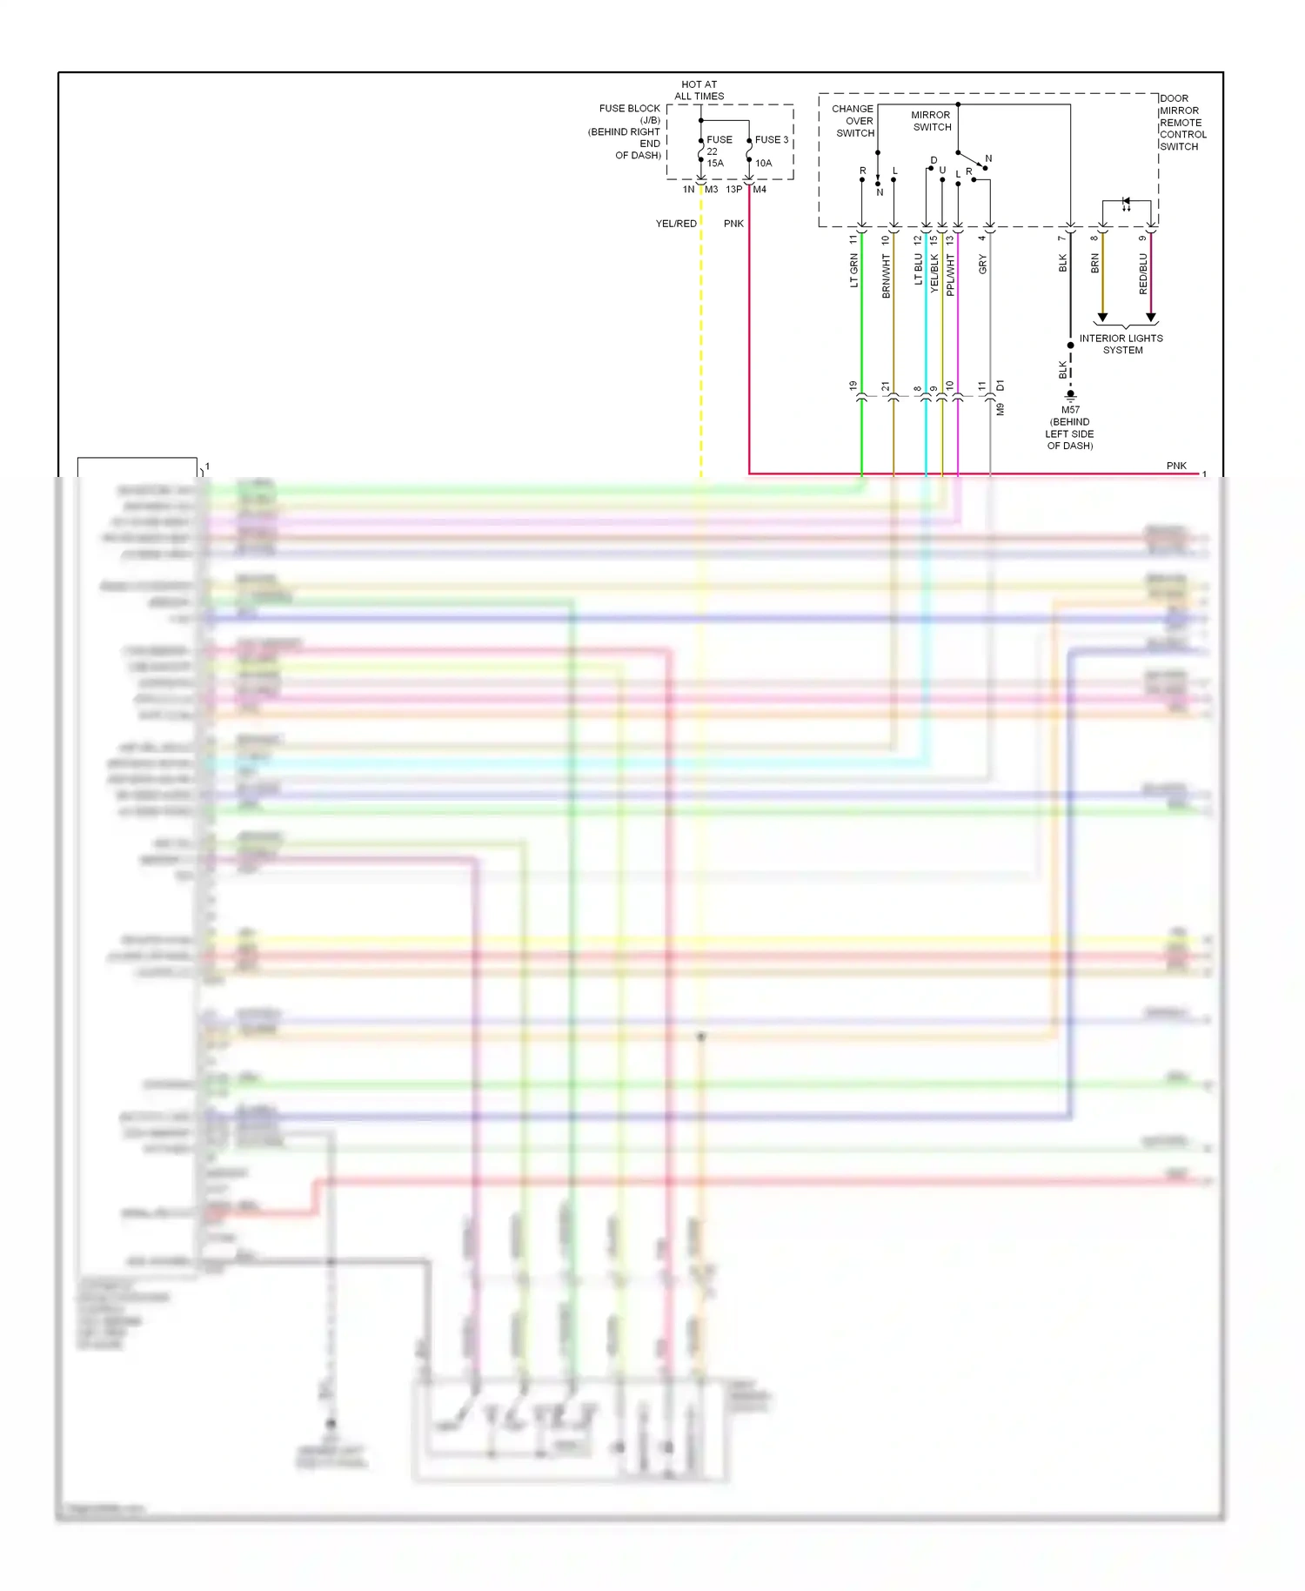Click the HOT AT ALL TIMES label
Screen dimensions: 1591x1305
[x=699, y=91]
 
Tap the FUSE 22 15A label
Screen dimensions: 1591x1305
[x=718, y=151]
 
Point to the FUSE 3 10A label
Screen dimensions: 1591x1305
[x=770, y=151]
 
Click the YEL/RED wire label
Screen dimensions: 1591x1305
[x=676, y=224]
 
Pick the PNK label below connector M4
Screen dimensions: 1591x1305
[x=733, y=224]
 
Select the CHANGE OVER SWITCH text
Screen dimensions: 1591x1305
[x=853, y=121]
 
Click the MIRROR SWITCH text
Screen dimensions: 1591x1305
[x=931, y=121]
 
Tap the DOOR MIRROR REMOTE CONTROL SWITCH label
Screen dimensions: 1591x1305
[x=1182, y=123]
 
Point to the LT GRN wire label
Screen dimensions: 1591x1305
[x=854, y=271]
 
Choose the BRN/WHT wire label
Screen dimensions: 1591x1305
[x=887, y=276]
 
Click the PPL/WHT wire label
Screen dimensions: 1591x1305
[x=951, y=275]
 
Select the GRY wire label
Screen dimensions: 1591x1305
[x=983, y=265]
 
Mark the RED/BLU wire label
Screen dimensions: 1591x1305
[x=1143, y=273]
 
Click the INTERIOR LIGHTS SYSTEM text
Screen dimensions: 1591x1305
[x=1121, y=344]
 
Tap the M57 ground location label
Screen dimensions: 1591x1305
[x=1070, y=427]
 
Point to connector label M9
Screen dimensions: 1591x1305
[x=1000, y=409]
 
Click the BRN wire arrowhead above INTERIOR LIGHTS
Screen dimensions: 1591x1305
[x=1102, y=318]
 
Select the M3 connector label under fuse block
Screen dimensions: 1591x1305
[x=712, y=190]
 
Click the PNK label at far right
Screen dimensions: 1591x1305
[x=1176, y=466]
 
